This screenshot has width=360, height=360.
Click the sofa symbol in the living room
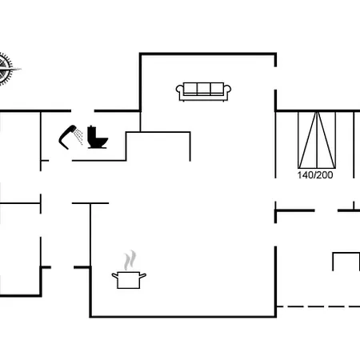(203, 92)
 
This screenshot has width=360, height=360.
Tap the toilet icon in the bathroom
(98, 137)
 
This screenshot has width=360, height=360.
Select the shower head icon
(66, 137)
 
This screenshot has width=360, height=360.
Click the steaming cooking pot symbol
(129, 270)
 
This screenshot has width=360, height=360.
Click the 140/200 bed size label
(315, 175)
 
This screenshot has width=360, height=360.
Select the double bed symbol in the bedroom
(317, 140)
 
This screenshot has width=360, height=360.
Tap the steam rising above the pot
(130, 260)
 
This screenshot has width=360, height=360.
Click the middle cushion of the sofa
(203, 89)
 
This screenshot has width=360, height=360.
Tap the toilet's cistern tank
(91, 135)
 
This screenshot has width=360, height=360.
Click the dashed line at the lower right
(318, 306)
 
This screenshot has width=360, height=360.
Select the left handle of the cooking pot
(114, 276)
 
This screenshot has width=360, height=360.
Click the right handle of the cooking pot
(143, 276)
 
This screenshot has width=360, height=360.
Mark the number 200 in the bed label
(325, 175)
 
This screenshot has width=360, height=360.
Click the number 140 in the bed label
(306, 175)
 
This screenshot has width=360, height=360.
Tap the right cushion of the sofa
(217, 89)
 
